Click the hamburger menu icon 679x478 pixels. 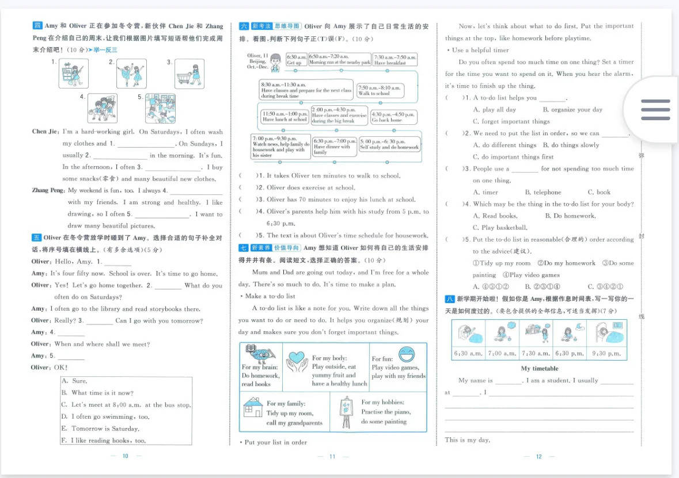pos(655,109)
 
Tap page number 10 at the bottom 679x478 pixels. pos(125,456)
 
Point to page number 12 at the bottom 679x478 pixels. pos(539,457)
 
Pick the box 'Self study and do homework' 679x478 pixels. pos(389,144)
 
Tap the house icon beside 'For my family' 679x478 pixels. pos(253,407)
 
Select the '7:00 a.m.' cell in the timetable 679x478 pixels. pos(502,354)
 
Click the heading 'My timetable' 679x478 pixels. pos(540,369)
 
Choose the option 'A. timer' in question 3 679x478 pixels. pos(485,192)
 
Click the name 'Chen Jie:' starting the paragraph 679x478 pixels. pos(46,132)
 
